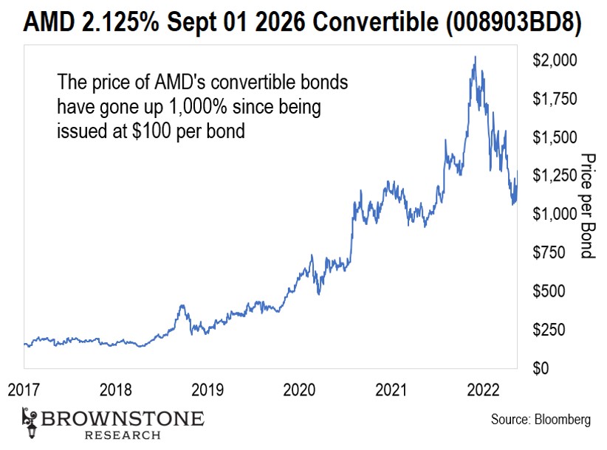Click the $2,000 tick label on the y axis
pos(552,60)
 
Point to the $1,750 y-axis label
pos(552,99)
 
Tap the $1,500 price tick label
pos(552,137)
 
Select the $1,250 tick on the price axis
pos(552,176)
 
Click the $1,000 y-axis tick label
pos(552,214)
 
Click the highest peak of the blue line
pos(475,56)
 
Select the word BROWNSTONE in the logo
pos(122,419)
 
